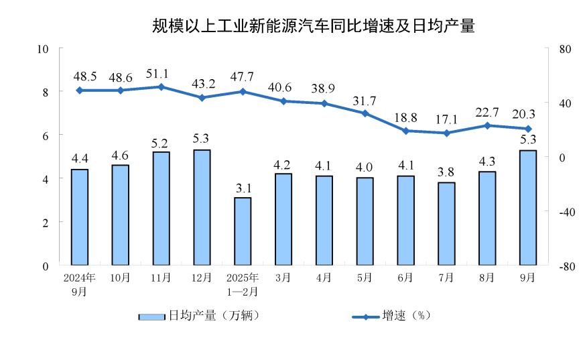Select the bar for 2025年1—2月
point(243,231)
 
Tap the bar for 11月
point(161,208)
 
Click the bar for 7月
point(446,223)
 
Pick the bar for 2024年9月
point(80,217)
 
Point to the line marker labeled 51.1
point(161,86)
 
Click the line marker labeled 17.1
point(446,133)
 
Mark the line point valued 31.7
point(365,113)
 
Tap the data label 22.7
point(487,111)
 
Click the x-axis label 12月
point(202,277)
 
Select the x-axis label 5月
point(365,277)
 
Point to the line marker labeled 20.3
point(527,129)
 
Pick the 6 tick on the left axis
point(46,135)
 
